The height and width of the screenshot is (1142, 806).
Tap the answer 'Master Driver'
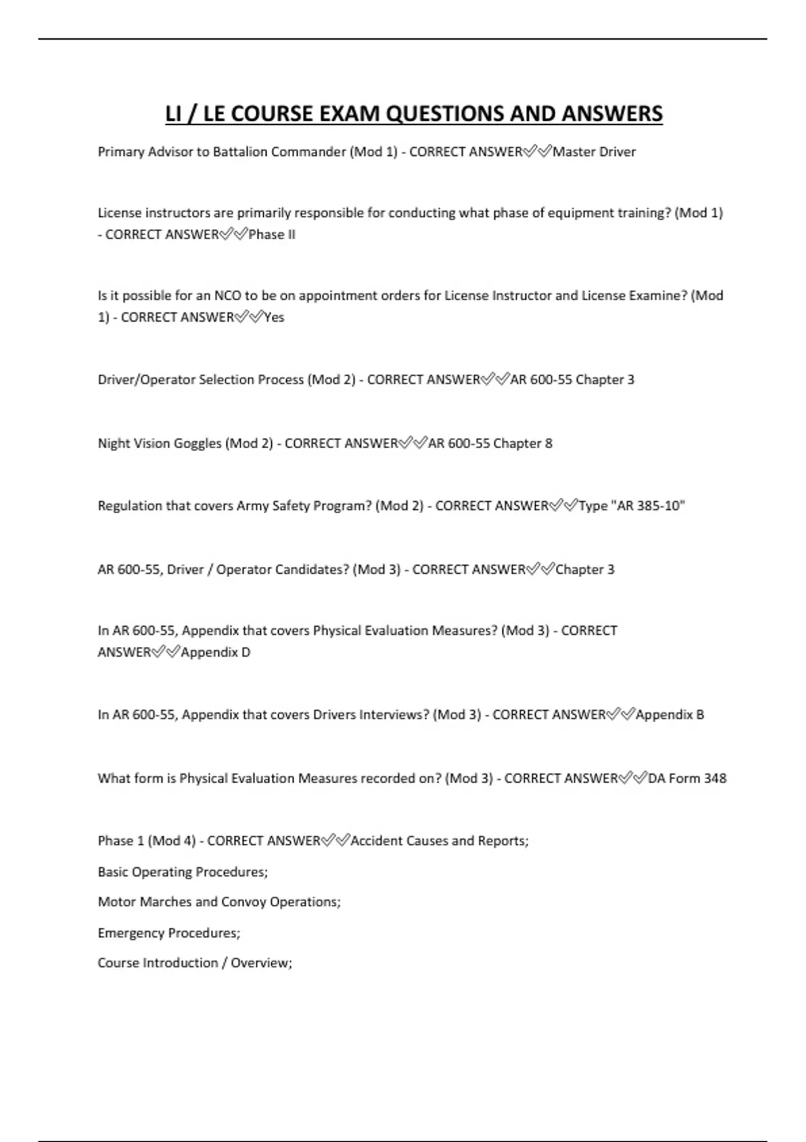click(594, 152)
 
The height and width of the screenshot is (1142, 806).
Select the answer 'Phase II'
click(272, 234)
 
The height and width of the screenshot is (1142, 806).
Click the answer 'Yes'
click(274, 317)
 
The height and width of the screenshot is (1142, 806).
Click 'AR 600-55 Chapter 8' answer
click(490, 443)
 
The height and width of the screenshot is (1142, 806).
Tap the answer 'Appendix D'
click(216, 652)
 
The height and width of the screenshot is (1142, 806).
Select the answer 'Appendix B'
click(670, 715)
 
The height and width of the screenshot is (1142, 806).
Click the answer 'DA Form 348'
click(687, 779)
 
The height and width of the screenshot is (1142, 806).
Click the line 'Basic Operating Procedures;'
click(183, 872)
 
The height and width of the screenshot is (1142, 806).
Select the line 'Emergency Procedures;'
click(169, 933)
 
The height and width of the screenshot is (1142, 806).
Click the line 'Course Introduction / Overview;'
click(195, 963)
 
